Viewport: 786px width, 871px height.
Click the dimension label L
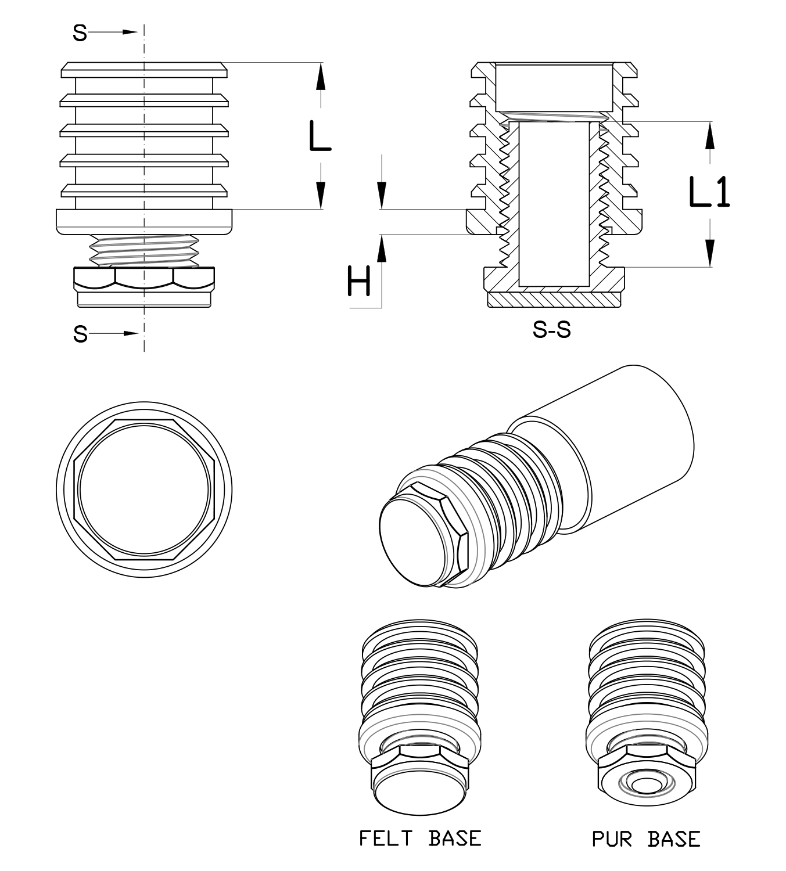(x=319, y=136)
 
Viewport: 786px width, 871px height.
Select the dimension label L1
(x=709, y=192)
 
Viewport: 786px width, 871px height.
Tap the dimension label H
(x=358, y=281)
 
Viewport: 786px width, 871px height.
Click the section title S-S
(x=551, y=330)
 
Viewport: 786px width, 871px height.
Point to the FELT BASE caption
(x=420, y=838)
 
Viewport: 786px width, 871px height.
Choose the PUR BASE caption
(x=646, y=838)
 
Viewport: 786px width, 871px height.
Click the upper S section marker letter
(x=80, y=33)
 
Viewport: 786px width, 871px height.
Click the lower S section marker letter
(x=80, y=334)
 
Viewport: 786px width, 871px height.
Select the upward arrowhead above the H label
(x=381, y=248)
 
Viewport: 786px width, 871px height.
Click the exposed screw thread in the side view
(x=143, y=250)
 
